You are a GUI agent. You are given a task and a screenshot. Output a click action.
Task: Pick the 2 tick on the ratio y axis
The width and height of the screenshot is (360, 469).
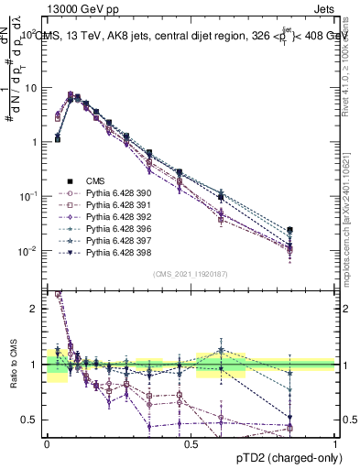pyautogui.click(x=34, y=309)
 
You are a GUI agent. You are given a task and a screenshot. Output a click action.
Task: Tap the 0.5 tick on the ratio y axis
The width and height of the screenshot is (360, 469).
pyautogui.click(x=29, y=420)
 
